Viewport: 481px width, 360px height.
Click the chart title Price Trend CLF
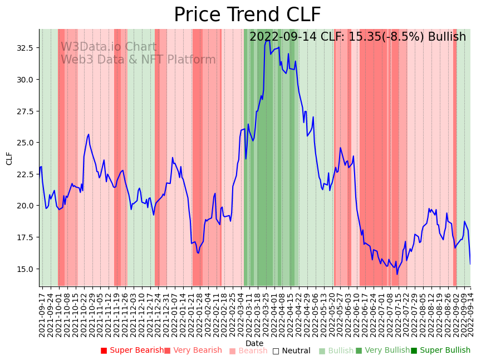pos(247,14)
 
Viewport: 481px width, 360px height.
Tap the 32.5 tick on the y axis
pos(25,48)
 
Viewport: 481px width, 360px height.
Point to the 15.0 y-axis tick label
pos(25,269)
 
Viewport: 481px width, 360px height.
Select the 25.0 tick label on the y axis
pos(25,143)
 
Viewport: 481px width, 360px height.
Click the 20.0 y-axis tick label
pos(25,206)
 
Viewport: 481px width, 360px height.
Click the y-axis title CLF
pos(9,158)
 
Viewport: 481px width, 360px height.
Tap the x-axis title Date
pos(254,343)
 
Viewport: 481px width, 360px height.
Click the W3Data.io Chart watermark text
pos(109,47)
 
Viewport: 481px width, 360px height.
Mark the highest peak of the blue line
pos(267,40)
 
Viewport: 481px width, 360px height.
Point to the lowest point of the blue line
pos(397,274)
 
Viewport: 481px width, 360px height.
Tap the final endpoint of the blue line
pos(470,264)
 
